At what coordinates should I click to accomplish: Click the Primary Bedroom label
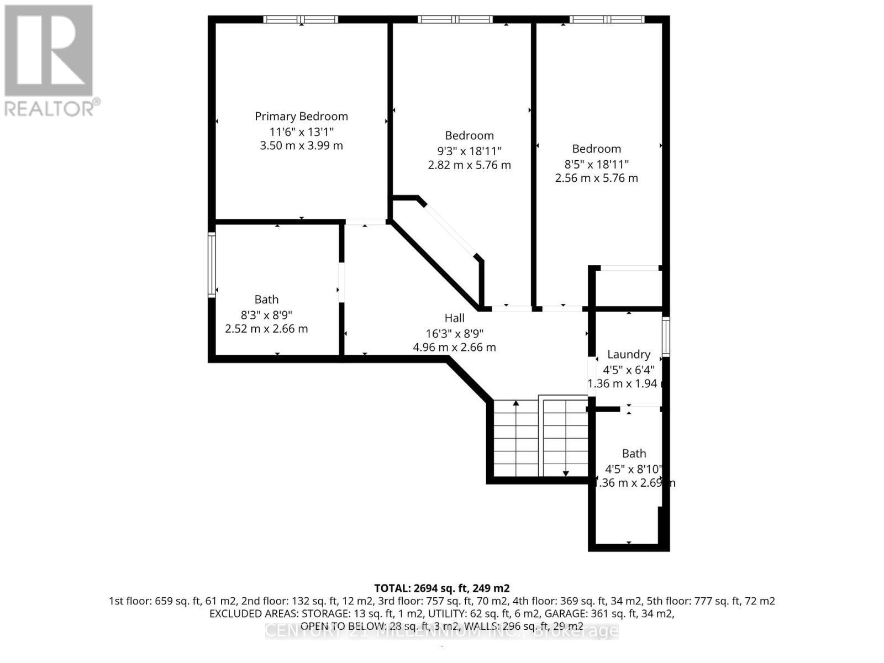[x=301, y=117]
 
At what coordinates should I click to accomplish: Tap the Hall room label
[x=454, y=318]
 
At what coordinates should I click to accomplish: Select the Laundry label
[x=628, y=355]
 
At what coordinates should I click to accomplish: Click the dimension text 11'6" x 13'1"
[x=301, y=131]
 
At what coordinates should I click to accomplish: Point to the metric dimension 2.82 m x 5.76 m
[x=469, y=165]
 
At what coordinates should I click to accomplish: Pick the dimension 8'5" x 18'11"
[x=596, y=164]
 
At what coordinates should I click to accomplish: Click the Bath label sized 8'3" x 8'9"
[x=266, y=299]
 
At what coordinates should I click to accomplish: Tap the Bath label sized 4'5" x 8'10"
[x=634, y=454]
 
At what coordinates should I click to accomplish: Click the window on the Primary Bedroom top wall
[x=301, y=19]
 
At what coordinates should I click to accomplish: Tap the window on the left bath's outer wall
[x=211, y=265]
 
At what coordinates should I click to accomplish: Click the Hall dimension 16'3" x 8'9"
[x=454, y=333]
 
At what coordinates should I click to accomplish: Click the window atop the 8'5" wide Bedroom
[x=607, y=19]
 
